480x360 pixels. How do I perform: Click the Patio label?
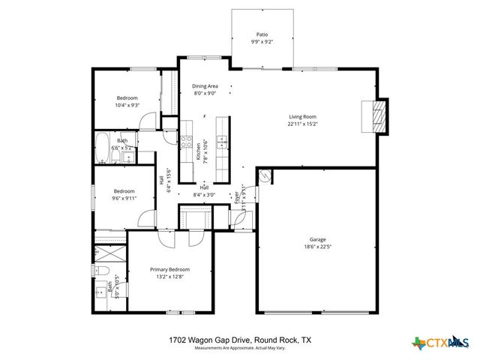[x=262, y=34]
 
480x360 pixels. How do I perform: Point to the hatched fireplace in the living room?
[x=379, y=117]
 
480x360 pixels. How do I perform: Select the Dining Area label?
[x=205, y=86]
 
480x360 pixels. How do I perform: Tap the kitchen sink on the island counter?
[x=223, y=140]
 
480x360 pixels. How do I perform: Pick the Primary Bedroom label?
[x=169, y=269]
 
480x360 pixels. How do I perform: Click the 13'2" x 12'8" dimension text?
[x=169, y=277]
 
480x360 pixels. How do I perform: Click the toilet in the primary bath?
[x=102, y=271]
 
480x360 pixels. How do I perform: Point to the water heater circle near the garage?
[x=264, y=177]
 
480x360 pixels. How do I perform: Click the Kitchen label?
[x=199, y=152]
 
